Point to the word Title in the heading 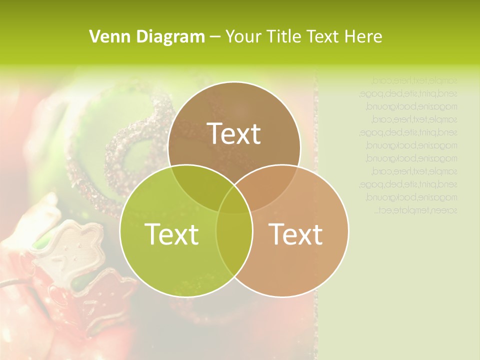click(285, 36)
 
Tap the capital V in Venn click(94, 36)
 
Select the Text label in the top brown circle click(234, 133)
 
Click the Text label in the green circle click(171, 234)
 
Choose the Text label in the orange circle click(296, 234)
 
